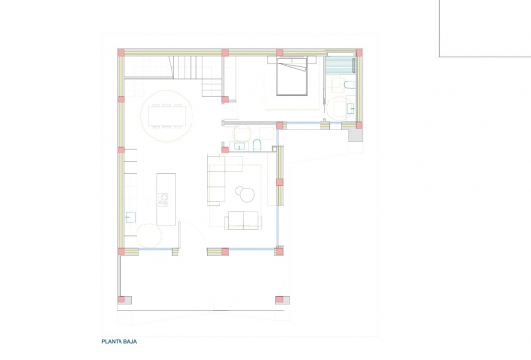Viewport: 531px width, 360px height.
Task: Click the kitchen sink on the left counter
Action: tap(130, 200)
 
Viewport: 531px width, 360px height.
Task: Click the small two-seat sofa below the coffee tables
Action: tap(242, 222)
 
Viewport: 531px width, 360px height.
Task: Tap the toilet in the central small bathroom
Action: tap(257, 143)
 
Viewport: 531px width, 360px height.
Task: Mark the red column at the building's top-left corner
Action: tap(119, 53)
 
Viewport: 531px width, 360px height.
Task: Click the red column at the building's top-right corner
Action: tap(356, 53)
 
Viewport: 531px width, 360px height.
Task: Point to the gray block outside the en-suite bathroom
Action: tap(355, 135)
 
